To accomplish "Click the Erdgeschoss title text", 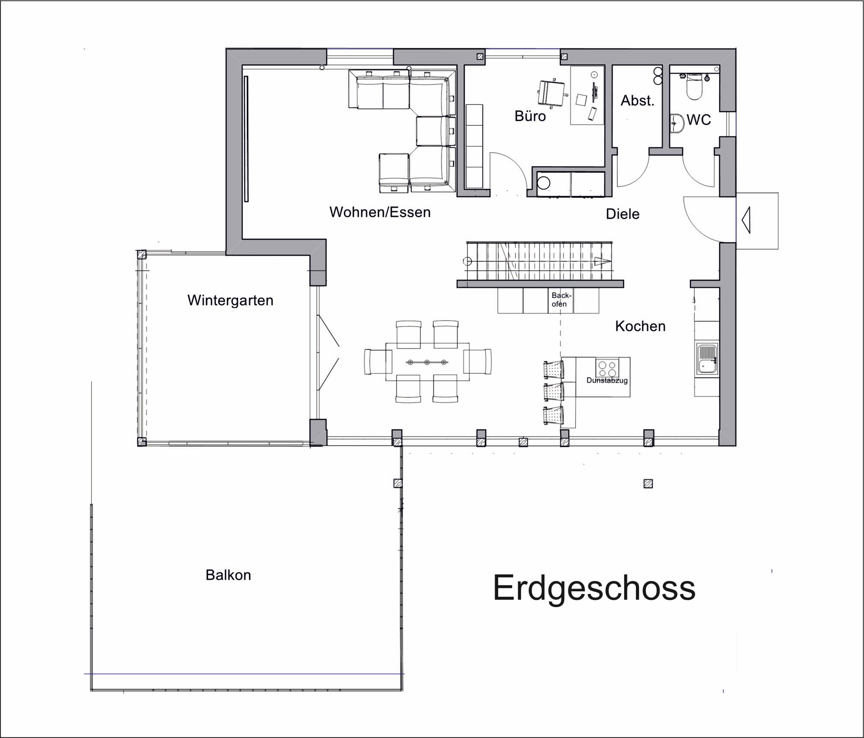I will [x=594, y=588].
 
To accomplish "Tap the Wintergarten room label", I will [x=230, y=300].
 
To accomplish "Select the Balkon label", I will [x=228, y=575].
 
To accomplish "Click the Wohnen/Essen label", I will [x=380, y=212].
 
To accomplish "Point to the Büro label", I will [x=530, y=116].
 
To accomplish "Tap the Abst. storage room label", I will [x=637, y=101].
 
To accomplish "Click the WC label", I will [x=699, y=120].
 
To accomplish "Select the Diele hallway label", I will [x=623, y=214].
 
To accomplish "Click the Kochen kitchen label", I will [x=640, y=326].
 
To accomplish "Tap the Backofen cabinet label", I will [x=561, y=300].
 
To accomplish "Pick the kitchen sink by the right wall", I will [x=706, y=359].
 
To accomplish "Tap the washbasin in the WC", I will [x=677, y=123].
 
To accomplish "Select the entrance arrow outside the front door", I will [x=746, y=220].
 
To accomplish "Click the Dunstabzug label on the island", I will [x=607, y=380].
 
